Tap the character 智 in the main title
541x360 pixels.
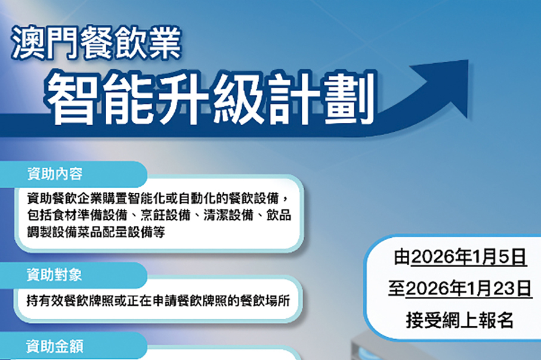pos(70,97)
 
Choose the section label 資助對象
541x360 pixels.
pos(55,275)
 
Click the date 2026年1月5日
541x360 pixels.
pos(468,258)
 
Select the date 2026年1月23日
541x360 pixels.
pos(468,289)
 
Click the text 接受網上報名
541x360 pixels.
pos(459,320)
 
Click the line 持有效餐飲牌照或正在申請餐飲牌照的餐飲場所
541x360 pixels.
pos(158,300)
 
